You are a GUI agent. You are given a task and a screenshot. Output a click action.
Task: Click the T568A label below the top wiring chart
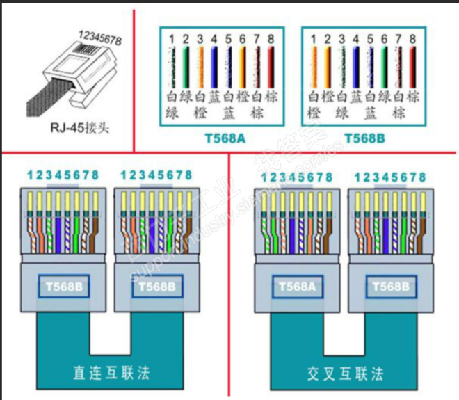(x=224, y=138)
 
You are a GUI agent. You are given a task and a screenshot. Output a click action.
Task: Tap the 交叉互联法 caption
(x=346, y=373)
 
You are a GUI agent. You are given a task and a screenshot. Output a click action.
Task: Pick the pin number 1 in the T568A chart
(x=172, y=38)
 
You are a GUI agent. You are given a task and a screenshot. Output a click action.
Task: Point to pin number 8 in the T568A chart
(x=271, y=38)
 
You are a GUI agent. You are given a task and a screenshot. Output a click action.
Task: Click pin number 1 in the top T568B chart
(x=314, y=38)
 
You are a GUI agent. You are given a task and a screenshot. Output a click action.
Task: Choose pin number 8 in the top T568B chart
(x=412, y=38)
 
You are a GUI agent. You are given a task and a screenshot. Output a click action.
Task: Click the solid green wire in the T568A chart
(x=186, y=66)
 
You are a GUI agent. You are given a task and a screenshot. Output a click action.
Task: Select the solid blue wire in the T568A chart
(x=214, y=66)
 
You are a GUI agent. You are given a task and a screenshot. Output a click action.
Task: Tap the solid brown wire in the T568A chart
(x=271, y=66)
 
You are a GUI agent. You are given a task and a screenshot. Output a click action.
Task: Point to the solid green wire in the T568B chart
(x=384, y=66)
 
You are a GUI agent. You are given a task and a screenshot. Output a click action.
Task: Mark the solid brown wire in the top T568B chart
(x=412, y=66)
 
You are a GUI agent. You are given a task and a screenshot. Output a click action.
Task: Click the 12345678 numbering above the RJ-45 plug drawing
(x=99, y=37)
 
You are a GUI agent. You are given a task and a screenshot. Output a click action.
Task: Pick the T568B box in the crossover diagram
(x=392, y=286)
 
